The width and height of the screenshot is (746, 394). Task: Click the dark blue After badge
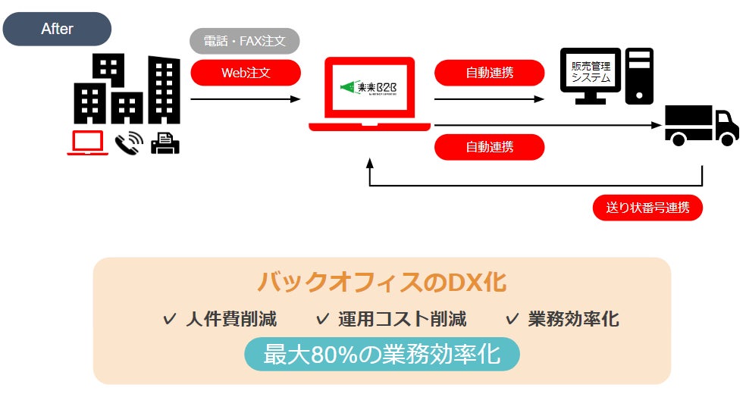click(57, 29)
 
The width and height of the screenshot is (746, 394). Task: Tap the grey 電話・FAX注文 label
click(244, 41)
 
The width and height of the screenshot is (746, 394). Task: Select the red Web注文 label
click(246, 73)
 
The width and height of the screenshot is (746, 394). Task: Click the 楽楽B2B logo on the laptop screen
click(371, 89)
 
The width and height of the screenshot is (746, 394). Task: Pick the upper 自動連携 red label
click(489, 73)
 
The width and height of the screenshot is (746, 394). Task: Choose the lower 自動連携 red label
click(489, 147)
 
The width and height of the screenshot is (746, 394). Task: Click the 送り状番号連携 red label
click(647, 208)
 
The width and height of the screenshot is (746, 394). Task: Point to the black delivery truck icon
click(701, 124)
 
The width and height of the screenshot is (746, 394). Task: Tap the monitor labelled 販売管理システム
click(590, 74)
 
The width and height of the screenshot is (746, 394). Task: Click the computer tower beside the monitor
click(638, 76)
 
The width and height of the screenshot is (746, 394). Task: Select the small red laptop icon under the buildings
click(87, 142)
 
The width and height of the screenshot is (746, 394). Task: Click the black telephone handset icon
click(129, 142)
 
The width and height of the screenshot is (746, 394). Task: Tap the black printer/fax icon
click(165, 142)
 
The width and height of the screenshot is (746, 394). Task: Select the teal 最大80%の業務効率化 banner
click(381, 354)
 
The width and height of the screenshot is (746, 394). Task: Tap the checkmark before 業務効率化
click(512, 319)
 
